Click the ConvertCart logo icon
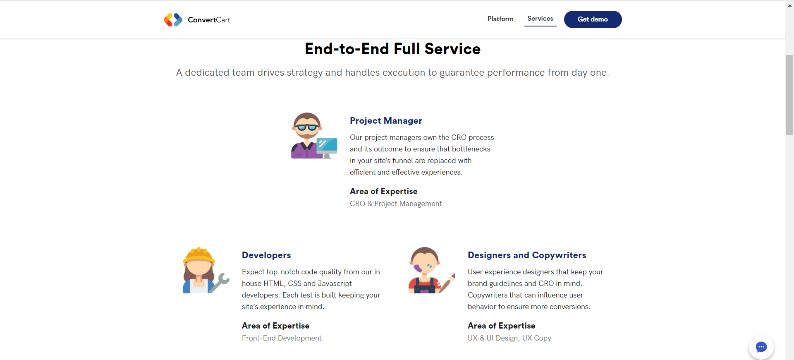coord(173,19)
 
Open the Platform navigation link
coord(500,19)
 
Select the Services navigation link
coord(540,19)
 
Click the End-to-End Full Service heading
coord(392,49)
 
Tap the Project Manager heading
coord(386,120)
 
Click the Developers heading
coord(266,255)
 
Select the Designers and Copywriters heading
coord(527,255)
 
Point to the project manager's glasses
coord(307,127)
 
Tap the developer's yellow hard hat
coord(199,255)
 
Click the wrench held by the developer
coord(219,283)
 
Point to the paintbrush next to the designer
coord(447,283)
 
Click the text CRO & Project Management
coord(396,204)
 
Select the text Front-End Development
coord(282,338)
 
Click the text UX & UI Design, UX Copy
coord(509,338)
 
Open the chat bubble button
coord(761,347)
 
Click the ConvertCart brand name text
coord(209,20)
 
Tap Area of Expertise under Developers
coord(275,326)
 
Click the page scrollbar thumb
coord(789,95)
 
